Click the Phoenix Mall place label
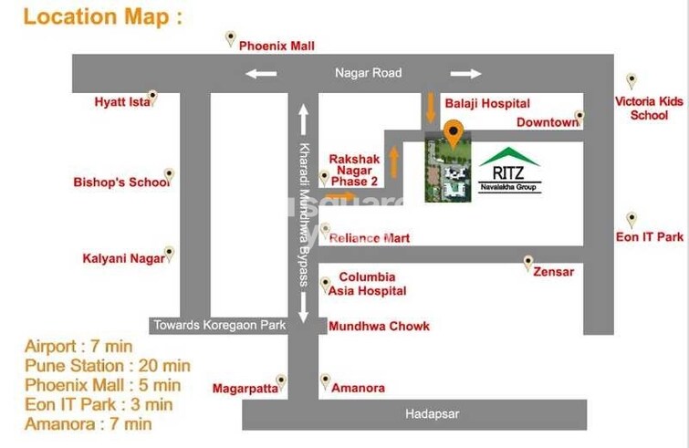tap(277, 46)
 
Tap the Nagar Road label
tap(368, 73)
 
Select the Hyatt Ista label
tap(122, 102)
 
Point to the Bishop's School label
tap(121, 182)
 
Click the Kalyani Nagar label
tap(123, 258)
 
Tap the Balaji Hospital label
tap(487, 104)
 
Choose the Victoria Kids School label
tap(649, 109)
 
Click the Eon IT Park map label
tap(650, 237)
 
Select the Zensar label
tap(554, 272)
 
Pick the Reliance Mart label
tap(370, 238)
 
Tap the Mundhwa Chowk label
tap(379, 326)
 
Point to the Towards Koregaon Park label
tap(219, 325)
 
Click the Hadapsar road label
tap(433, 414)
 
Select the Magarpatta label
tap(245, 389)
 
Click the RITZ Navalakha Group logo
tap(509, 170)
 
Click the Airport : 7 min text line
tap(78, 347)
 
